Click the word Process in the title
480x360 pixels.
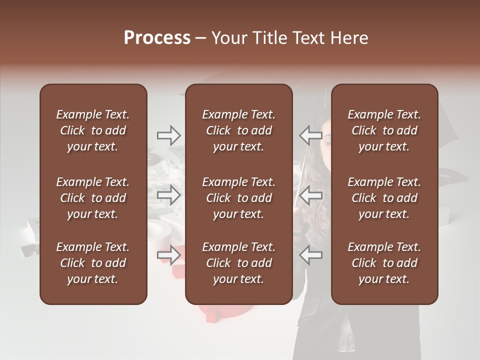tap(157, 38)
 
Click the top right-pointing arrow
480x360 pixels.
tap(168, 135)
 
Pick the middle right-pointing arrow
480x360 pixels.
tap(168, 194)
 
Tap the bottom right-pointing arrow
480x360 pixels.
tap(168, 255)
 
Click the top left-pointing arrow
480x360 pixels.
tap(310, 135)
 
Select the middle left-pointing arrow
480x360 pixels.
tap(310, 194)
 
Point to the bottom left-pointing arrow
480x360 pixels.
tap(310, 255)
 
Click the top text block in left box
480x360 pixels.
tap(93, 130)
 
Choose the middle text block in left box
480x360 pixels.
tap(93, 198)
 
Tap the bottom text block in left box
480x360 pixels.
tap(93, 263)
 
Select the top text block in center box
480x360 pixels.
tap(238, 130)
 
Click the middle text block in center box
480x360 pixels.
tap(238, 198)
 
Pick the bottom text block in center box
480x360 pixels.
tap(238, 263)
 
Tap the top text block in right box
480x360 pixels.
tap(384, 130)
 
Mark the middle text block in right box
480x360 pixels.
tap(384, 198)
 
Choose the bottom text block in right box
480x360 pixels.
tap(384, 263)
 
